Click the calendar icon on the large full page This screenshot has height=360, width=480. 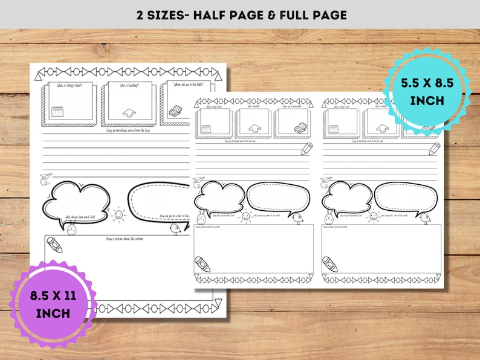coord(57,112)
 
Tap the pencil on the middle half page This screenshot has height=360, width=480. coord(307,149)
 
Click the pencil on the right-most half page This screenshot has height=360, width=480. coord(434,149)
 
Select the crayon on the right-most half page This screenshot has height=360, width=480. coord(329,263)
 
